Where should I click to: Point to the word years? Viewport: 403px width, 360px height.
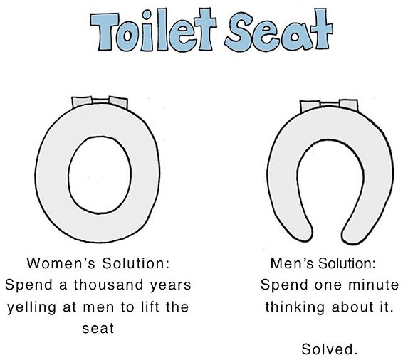point(168,285)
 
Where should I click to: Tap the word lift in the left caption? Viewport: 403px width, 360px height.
point(146,307)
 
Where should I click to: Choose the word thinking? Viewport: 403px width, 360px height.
point(294,307)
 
